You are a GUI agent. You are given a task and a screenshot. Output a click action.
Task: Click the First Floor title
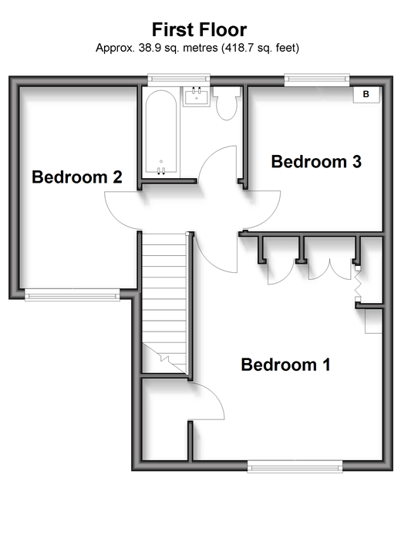(x=199, y=29)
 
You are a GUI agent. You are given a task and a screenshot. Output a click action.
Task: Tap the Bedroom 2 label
(x=77, y=177)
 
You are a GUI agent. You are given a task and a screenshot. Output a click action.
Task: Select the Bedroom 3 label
(x=316, y=162)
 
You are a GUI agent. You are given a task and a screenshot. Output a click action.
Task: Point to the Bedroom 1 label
(x=285, y=365)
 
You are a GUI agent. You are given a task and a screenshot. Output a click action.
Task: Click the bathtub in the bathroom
(x=161, y=132)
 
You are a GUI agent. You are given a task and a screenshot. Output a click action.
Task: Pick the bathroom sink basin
(x=196, y=96)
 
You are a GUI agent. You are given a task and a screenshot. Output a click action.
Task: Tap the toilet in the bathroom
(x=227, y=103)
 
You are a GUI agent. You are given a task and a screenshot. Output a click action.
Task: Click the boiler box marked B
(x=366, y=94)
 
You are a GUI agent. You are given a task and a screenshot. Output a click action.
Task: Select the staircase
(x=164, y=303)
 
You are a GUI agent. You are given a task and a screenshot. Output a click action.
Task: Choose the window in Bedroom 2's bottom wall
(x=72, y=295)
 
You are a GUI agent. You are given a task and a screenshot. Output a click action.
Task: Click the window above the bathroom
(x=178, y=79)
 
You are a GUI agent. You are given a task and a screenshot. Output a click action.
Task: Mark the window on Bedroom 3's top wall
(x=317, y=79)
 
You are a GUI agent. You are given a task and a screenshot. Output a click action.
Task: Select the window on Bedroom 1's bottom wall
(x=295, y=466)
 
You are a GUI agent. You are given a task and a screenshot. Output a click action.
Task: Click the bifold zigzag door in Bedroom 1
(x=358, y=284)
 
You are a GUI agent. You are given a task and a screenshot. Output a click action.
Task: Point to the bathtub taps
(x=161, y=170)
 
